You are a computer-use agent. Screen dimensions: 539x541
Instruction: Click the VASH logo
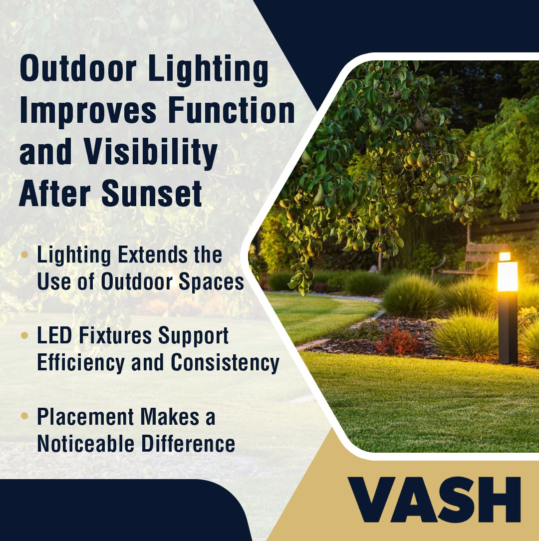(434, 499)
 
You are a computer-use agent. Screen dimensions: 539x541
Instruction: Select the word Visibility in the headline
(151, 153)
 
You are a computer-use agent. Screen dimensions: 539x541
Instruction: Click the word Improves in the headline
(88, 111)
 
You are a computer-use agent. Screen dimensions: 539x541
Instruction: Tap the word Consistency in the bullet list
(225, 363)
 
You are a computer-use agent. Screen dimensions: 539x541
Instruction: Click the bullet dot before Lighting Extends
(24, 255)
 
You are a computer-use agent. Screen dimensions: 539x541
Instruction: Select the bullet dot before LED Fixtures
(24, 335)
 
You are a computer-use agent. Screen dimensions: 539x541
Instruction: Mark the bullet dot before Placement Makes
(24, 416)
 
